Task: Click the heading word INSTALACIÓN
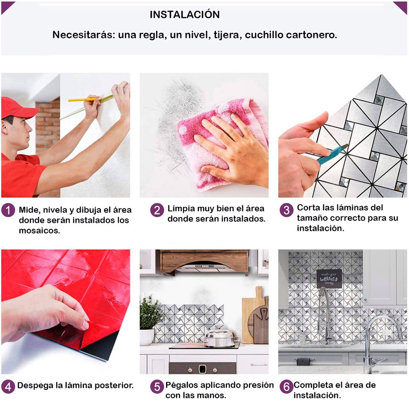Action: point(185,14)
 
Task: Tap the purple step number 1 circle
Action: point(8,210)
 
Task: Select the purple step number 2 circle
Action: point(157,210)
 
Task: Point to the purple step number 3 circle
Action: point(286,210)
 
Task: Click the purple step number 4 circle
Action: point(8,387)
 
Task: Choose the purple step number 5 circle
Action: point(157,387)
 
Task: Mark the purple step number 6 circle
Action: point(286,387)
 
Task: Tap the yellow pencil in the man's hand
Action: point(84,99)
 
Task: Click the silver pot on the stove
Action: point(221,338)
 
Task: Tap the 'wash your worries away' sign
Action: point(329,278)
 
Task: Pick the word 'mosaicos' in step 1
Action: point(39,231)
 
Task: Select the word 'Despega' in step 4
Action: point(35,386)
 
